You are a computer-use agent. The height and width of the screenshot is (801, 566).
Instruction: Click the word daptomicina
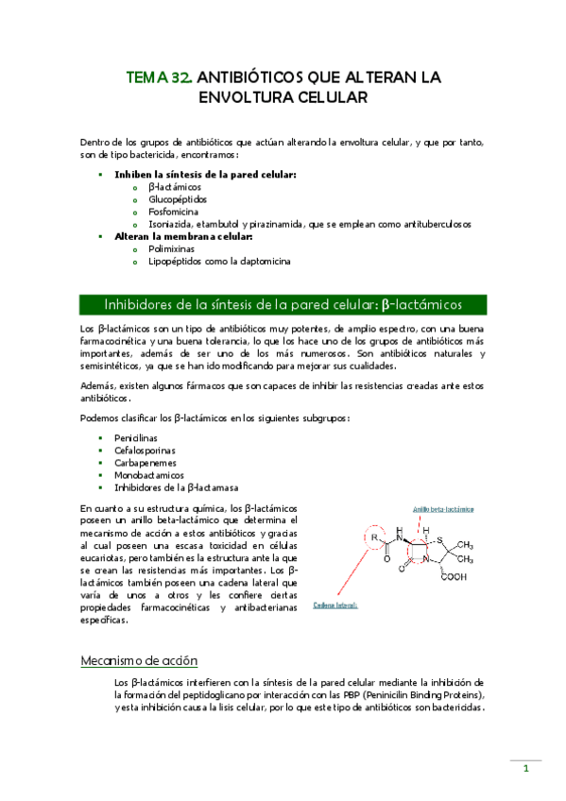tap(256, 262)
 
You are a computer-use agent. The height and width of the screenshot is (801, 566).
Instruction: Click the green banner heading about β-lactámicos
tap(283, 304)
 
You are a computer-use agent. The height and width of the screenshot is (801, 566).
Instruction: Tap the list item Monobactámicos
tap(149, 474)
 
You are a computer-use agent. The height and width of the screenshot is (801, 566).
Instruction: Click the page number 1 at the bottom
tap(525, 769)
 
